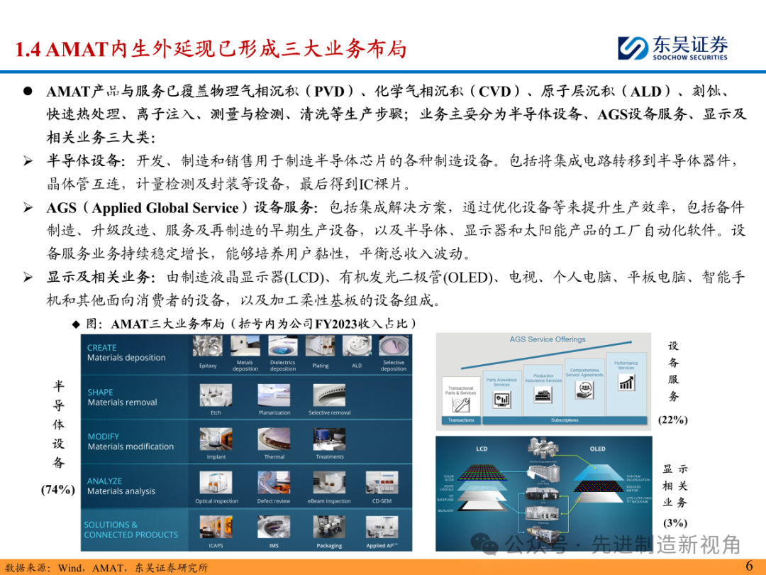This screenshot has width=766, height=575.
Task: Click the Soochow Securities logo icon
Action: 633,48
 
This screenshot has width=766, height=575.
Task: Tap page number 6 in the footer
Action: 748,566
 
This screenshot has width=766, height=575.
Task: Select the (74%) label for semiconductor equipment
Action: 58,489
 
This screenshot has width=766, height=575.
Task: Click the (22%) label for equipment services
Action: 672,420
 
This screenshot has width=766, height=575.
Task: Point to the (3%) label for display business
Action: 675,523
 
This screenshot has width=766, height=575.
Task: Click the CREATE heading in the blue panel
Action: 101,348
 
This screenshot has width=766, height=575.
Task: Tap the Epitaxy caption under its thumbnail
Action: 208,366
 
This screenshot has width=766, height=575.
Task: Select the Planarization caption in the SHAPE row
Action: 274,412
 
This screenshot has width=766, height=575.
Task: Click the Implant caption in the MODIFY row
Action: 216,456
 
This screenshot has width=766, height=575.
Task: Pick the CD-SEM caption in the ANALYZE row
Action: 382,501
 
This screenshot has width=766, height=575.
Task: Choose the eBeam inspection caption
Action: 329,501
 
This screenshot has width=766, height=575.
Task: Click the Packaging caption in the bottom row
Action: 329,546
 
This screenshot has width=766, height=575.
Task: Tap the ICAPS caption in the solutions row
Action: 216,546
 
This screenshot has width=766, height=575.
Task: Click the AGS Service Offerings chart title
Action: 548,339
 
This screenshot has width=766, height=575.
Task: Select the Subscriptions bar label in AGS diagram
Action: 565,420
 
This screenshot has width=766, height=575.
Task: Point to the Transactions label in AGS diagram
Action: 461,420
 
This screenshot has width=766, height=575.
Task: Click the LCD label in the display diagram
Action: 482,449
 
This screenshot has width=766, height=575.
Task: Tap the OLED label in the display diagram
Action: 597,449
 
